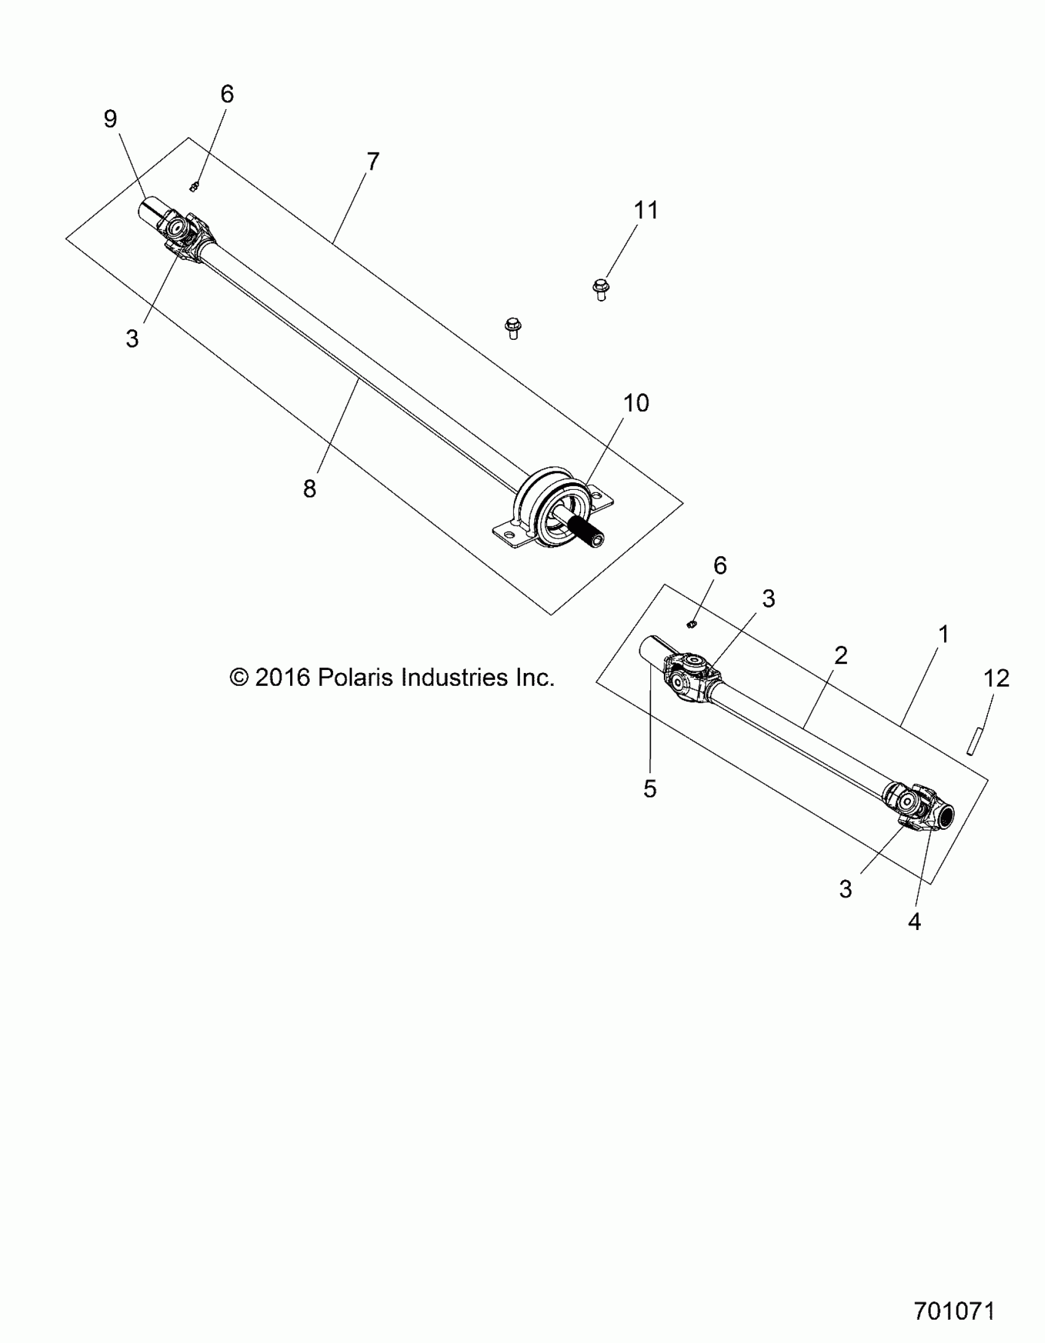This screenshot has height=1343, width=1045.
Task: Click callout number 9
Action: tap(110, 119)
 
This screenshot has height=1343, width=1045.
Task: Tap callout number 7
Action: tap(373, 162)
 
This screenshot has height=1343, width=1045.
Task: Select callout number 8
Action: tap(309, 489)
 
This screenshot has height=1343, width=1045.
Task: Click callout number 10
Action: tap(636, 403)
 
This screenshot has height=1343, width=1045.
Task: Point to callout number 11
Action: tap(646, 210)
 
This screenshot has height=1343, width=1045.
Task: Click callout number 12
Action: tap(996, 679)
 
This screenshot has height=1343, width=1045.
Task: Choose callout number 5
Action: tap(650, 789)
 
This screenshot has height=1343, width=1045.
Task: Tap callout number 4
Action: tap(915, 939)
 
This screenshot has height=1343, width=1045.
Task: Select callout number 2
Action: tap(841, 655)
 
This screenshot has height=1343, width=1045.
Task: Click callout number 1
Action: tap(944, 634)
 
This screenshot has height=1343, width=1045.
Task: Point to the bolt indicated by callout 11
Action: tap(601, 289)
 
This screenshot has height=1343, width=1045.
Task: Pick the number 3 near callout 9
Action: tap(132, 339)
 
